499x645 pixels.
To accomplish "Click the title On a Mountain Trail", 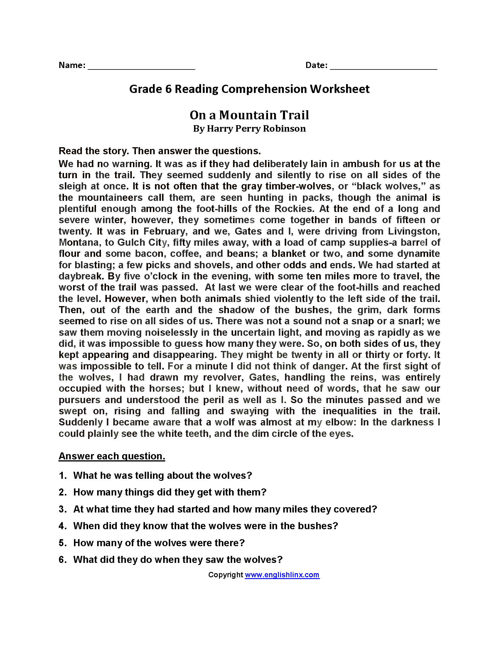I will click(249, 115).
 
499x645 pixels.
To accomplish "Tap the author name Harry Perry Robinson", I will click(256, 129).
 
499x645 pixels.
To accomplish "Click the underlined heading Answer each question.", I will click(112, 456).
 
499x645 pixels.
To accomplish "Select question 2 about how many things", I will click(170, 492).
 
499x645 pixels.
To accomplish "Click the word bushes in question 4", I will click(318, 526).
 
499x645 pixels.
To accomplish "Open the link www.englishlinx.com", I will click(282, 575).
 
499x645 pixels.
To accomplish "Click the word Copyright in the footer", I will click(225, 575).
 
